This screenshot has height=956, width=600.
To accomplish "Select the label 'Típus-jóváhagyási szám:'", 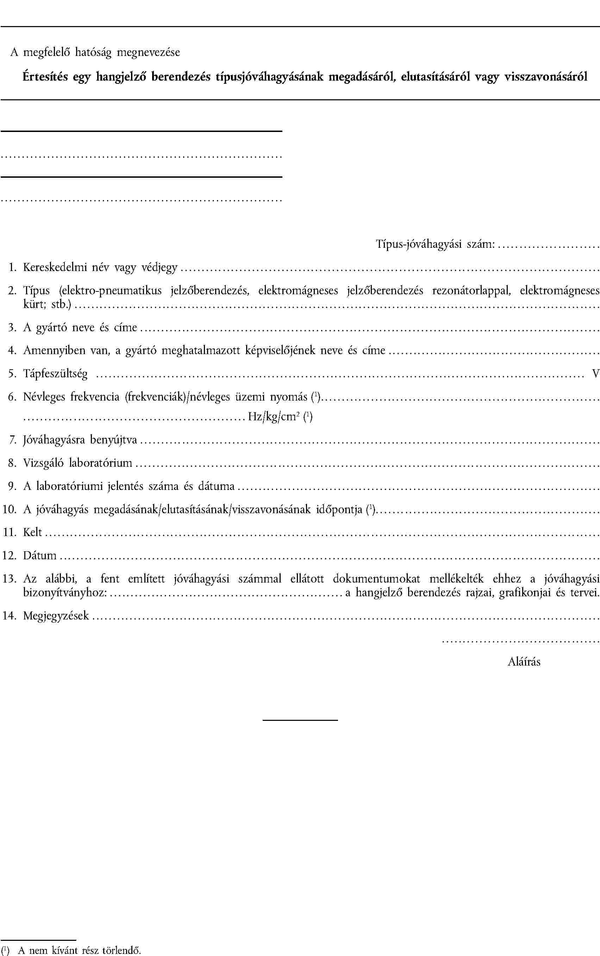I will point(435,244).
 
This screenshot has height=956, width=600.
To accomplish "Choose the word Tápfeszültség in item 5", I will point(55,374).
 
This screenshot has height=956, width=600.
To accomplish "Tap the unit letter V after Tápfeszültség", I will point(595,374).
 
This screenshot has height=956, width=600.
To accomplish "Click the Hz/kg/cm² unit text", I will point(273,416).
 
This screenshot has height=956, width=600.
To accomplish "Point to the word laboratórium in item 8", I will point(100,463).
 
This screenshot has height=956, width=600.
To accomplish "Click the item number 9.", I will point(12,486).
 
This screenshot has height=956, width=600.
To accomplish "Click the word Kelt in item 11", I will point(32,532).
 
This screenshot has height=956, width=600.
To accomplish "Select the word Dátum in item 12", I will point(40,555).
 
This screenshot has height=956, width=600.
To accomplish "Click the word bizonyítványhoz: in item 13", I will point(65,593).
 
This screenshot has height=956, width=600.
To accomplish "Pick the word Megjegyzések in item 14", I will point(56,616).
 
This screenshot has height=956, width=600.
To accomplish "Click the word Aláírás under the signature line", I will point(524,662).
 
